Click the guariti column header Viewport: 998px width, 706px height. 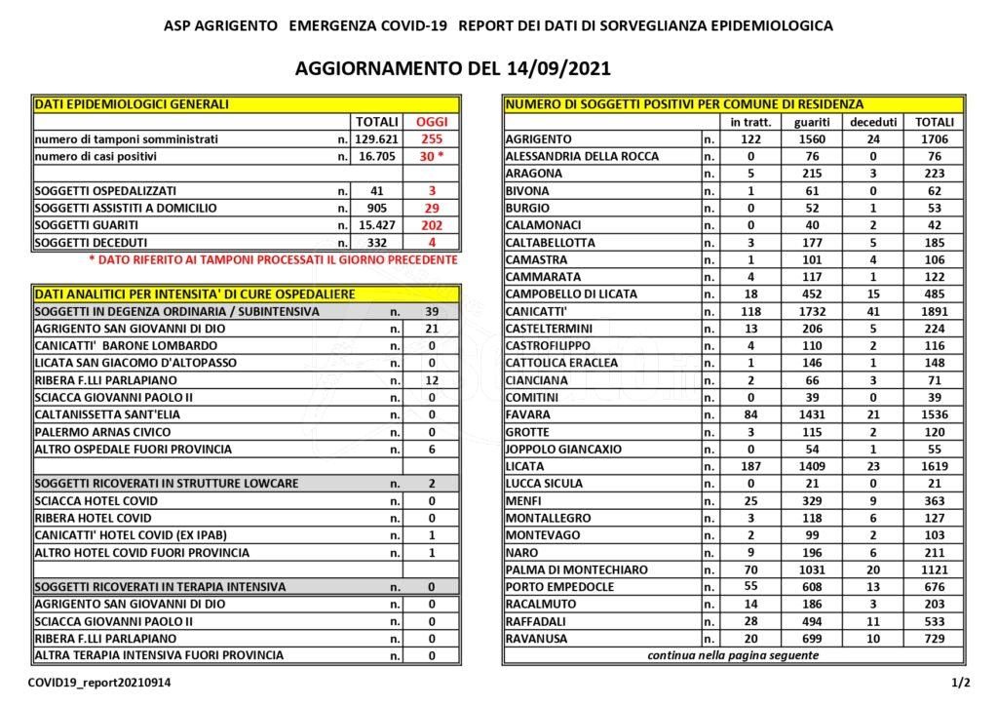point(811,122)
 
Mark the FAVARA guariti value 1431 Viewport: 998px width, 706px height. point(811,415)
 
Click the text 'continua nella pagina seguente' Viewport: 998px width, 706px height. point(733,655)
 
